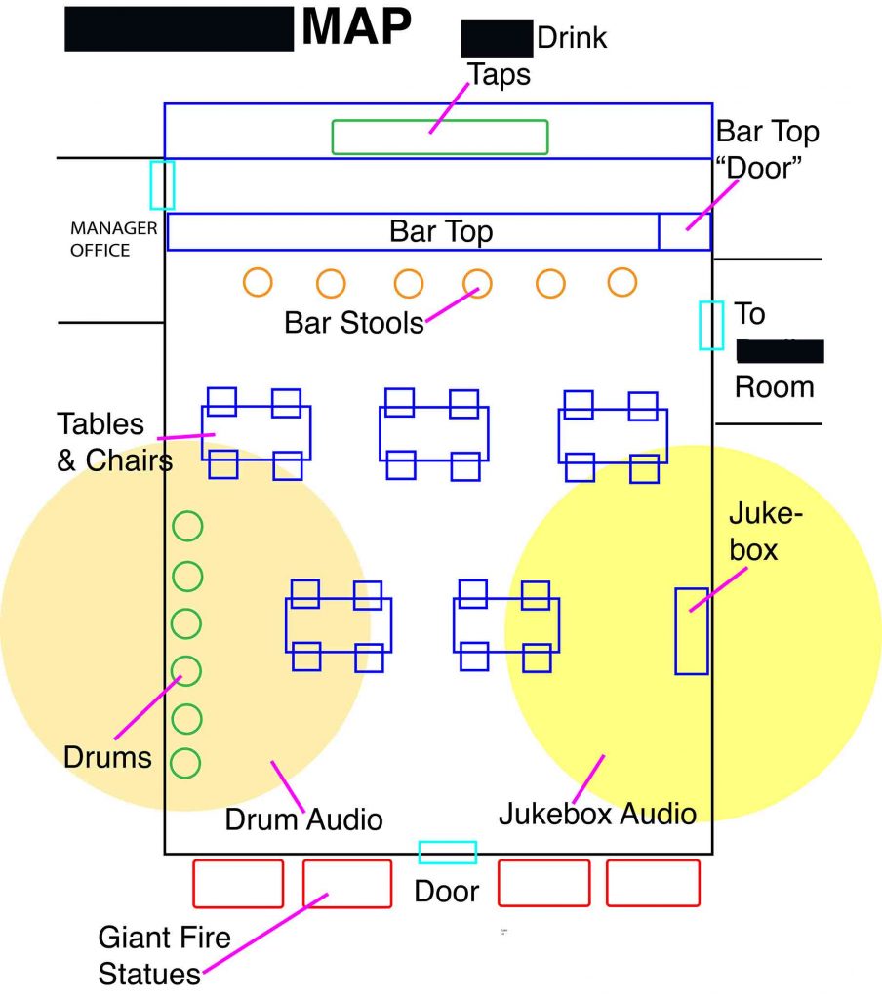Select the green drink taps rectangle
click(x=439, y=137)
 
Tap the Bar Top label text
click(x=441, y=231)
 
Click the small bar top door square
click(x=685, y=231)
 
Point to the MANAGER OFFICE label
click(x=100, y=239)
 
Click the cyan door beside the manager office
click(x=162, y=184)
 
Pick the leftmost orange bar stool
click(x=258, y=282)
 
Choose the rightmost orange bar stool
click(x=622, y=282)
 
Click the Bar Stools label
click(x=354, y=322)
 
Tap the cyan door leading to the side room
click(x=711, y=325)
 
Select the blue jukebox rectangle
click(x=692, y=630)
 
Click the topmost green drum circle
click(x=187, y=527)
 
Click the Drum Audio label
click(x=303, y=819)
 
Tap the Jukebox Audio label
click(x=597, y=813)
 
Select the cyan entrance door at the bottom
click(x=448, y=852)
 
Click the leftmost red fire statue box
click(x=238, y=883)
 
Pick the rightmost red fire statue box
click(x=653, y=883)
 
